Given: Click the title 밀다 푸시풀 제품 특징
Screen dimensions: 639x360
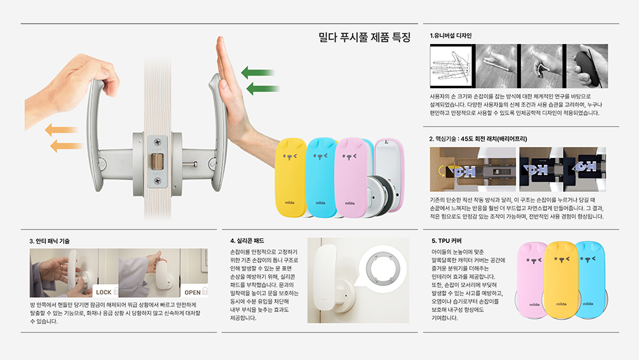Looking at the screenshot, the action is click(364, 38).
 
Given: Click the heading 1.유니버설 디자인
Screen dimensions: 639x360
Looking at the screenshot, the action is click(450, 36).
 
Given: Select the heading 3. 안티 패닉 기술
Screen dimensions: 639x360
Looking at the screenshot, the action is click(49, 241).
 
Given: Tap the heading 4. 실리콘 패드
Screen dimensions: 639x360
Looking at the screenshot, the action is click(247, 241).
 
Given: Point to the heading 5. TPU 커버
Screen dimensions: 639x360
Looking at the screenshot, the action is click(447, 241).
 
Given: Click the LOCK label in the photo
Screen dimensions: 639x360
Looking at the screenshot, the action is click(104, 292).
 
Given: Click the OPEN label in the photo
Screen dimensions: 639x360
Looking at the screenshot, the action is click(192, 292).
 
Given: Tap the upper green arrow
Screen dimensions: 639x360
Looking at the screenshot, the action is click(257, 73).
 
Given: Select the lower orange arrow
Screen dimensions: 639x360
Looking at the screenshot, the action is click(66, 146).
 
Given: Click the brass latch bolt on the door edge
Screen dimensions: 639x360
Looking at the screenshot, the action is click(157, 161).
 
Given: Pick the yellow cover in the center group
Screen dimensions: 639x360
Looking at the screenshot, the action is click(291, 178).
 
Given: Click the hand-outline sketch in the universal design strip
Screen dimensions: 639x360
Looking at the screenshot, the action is click(451, 66).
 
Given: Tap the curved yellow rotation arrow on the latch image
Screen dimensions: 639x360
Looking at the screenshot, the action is click(442, 171).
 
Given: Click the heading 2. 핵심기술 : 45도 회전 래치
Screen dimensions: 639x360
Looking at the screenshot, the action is click(477, 139).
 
